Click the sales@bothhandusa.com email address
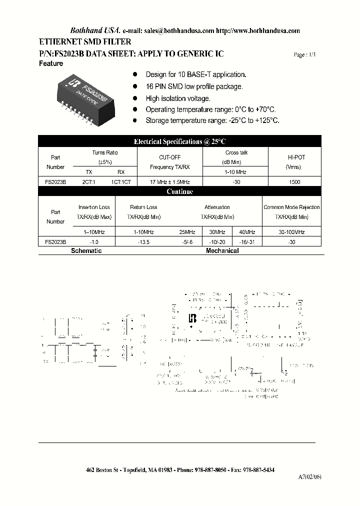[179, 30]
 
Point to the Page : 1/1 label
[304, 55]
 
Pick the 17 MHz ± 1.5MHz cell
[169, 182]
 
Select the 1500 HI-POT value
[295, 182]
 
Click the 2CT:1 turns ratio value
[88, 182]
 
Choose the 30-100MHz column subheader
[291, 232]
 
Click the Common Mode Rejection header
[291, 207]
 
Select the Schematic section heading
[86, 250]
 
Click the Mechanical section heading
[222, 250]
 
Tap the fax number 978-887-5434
[256, 470]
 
